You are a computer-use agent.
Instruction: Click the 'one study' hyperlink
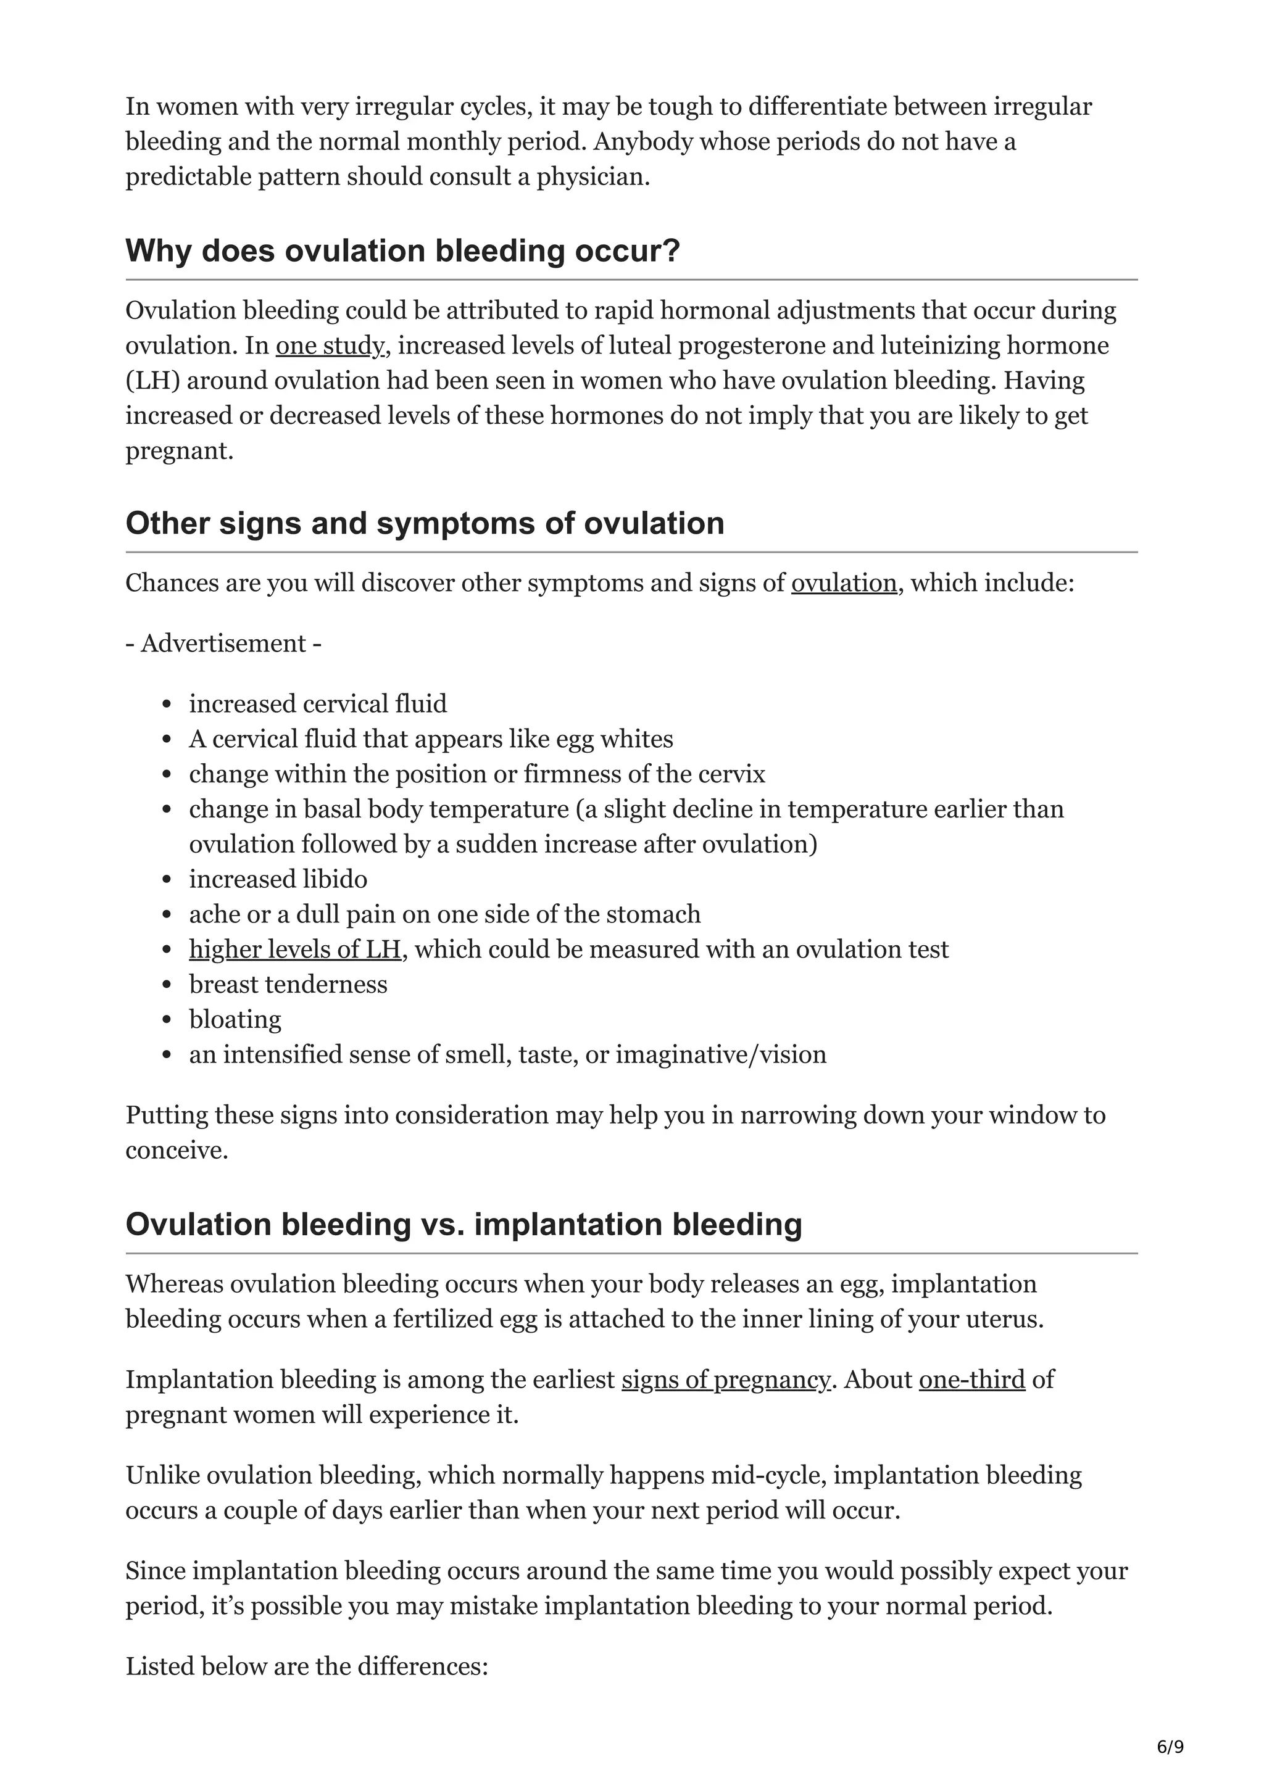coord(330,346)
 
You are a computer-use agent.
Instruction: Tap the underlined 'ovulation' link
coord(844,583)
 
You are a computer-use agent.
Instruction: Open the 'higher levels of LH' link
coord(295,950)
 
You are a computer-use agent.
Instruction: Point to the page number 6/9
coord(1170,1747)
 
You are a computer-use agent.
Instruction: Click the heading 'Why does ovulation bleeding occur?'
coord(402,250)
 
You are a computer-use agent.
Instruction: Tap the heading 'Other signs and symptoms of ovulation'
coord(425,523)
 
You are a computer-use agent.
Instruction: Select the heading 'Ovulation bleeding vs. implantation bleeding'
coord(464,1224)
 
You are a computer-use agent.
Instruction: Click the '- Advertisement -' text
coord(223,644)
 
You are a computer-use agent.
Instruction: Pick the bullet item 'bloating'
coord(235,1019)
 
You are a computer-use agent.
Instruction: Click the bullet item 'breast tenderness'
coord(288,984)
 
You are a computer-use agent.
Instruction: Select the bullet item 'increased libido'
coord(278,879)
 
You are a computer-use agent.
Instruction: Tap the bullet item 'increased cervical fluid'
coord(318,704)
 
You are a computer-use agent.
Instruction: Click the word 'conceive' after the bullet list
coord(175,1150)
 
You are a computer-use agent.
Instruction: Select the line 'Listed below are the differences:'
coord(307,1666)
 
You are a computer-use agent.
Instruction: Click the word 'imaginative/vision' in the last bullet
coord(720,1054)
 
